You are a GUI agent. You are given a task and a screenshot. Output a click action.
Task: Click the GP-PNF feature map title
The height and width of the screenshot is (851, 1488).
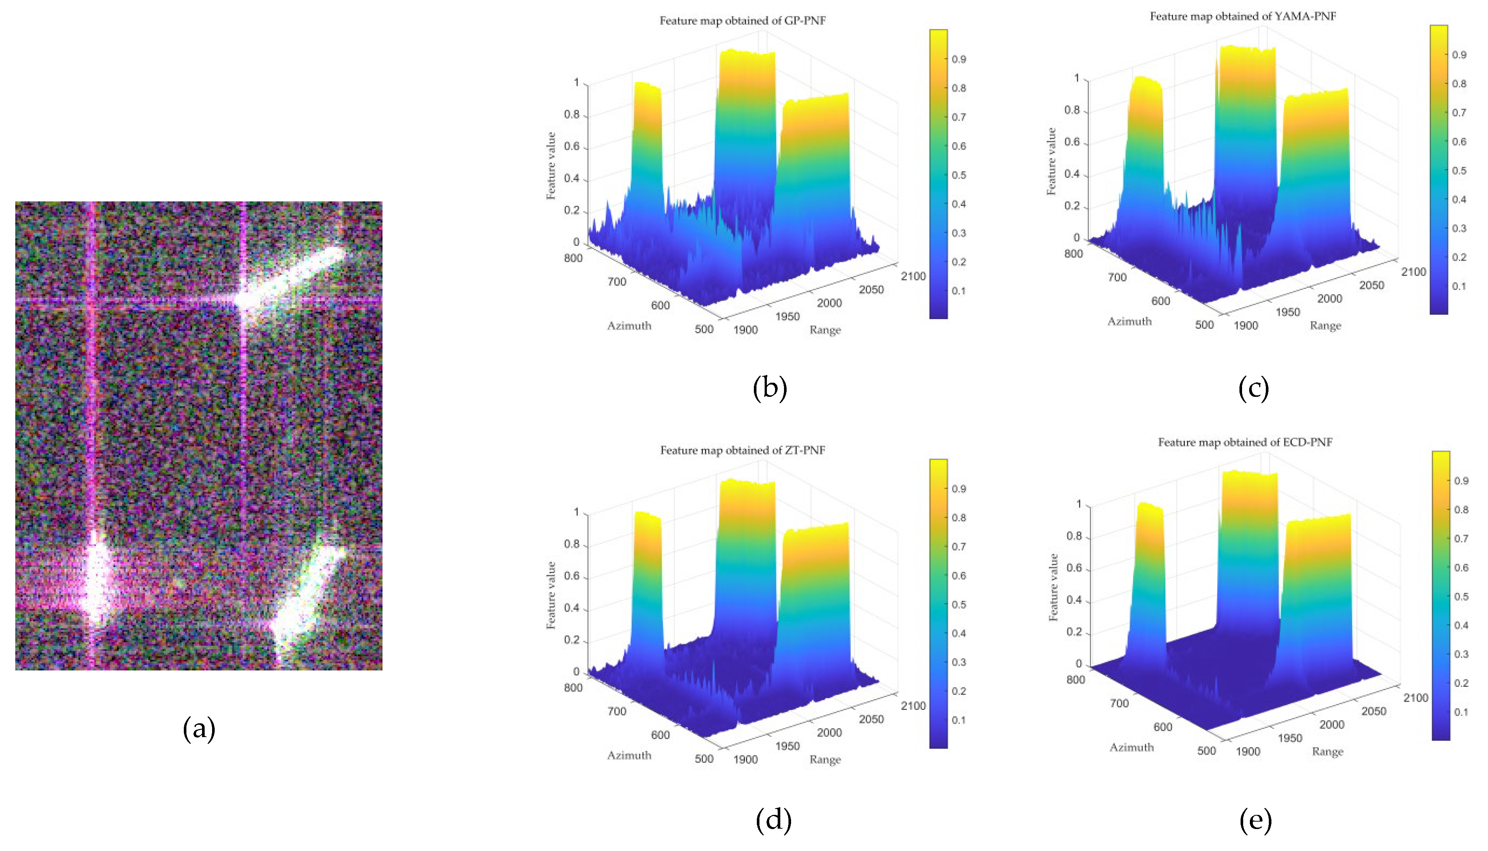click(743, 21)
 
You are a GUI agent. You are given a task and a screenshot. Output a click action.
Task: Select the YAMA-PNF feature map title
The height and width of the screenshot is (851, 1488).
click(1243, 16)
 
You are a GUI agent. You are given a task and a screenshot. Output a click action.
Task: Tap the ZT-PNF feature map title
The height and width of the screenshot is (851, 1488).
click(743, 450)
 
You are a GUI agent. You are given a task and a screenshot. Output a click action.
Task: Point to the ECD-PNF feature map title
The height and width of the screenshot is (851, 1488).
click(1245, 443)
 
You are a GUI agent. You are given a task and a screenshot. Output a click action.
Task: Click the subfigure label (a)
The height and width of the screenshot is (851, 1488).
click(199, 729)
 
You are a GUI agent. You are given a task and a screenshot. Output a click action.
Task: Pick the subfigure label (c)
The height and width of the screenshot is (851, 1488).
click(1254, 388)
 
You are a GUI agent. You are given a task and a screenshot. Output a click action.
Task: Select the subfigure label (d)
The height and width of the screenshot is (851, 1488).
click(774, 820)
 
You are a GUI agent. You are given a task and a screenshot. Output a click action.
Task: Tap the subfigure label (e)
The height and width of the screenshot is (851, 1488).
click(1255, 820)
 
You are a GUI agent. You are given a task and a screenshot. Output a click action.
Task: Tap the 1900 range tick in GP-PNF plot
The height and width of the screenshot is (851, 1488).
click(745, 330)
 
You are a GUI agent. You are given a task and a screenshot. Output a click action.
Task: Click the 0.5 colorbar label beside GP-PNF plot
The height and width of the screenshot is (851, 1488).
click(959, 175)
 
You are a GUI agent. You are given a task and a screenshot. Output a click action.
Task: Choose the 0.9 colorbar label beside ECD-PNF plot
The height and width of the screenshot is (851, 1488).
click(1461, 481)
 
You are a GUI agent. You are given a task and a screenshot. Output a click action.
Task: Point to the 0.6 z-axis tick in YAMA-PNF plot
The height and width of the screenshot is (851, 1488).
click(1072, 143)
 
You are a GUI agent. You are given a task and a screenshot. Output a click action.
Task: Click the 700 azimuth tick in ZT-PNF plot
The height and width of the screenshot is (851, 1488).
click(617, 711)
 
